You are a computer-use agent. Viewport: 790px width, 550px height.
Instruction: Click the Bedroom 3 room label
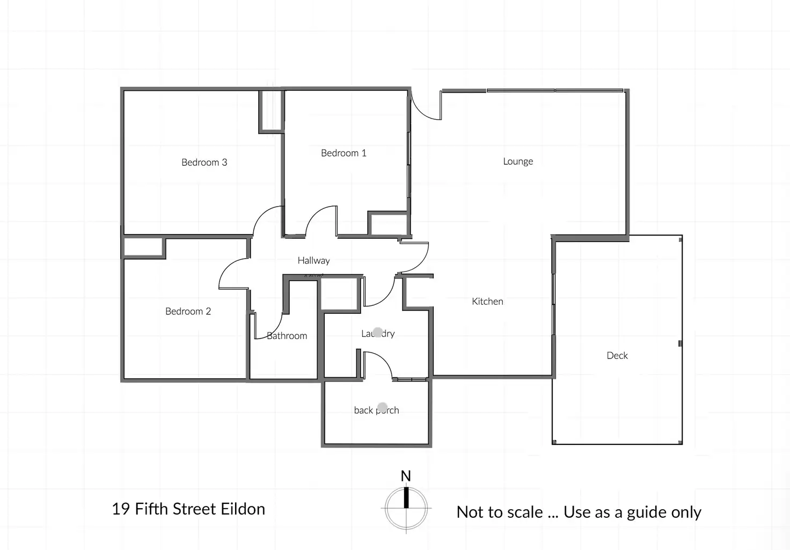click(x=204, y=162)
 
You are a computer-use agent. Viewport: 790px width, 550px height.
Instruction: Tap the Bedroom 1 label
click(x=343, y=153)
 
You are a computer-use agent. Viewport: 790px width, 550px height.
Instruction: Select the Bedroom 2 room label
click(x=188, y=311)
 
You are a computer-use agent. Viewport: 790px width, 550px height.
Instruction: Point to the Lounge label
click(x=518, y=161)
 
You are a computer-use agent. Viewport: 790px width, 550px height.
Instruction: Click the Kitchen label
click(x=487, y=302)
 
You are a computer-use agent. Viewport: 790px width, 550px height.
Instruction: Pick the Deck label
click(x=617, y=355)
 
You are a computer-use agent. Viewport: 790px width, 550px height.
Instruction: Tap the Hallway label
click(x=313, y=260)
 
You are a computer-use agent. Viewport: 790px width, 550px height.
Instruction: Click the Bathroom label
click(x=287, y=336)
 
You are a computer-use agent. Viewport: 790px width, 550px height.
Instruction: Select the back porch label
click(x=376, y=410)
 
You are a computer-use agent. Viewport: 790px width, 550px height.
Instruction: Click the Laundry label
click(x=378, y=333)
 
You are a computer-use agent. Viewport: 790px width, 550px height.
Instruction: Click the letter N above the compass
click(x=406, y=476)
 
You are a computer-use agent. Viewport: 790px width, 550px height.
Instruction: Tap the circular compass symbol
click(x=406, y=508)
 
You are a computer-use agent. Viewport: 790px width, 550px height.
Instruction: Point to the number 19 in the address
click(x=121, y=509)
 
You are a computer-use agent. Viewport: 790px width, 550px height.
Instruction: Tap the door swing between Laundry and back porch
click(x=378, y=365)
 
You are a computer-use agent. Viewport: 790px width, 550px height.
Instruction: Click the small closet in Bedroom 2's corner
click(x=143, y=247)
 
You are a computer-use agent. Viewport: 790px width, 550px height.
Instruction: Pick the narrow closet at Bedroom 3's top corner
click(x=271, y=110)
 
